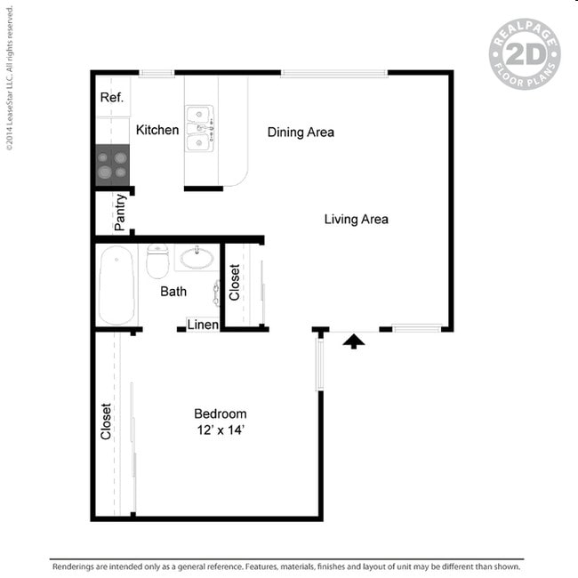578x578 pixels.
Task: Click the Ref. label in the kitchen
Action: (112, 97)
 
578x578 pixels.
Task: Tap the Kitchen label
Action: (157, 130)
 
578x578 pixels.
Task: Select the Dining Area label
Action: (301, 132)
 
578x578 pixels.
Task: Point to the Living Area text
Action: (356, 220)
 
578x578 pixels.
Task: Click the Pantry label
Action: (120, 213)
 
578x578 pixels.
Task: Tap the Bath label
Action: (173, 292)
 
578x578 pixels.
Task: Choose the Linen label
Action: (203, 325)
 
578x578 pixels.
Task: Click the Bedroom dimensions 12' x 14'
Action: (221, 429)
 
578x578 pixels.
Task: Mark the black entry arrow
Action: (354, 341)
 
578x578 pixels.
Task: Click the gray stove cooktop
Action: (112, 165)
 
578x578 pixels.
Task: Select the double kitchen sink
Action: (199, 129)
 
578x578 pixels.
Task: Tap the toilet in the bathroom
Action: (157, 261)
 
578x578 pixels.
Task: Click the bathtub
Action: (116, 285)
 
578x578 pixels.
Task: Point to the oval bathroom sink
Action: (197, 258)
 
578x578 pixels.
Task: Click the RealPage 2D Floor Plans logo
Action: (525, 54)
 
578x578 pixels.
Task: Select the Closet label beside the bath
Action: (235, 282)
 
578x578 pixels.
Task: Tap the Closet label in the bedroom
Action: (106, 421)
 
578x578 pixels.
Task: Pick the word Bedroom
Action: (221, 413)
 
